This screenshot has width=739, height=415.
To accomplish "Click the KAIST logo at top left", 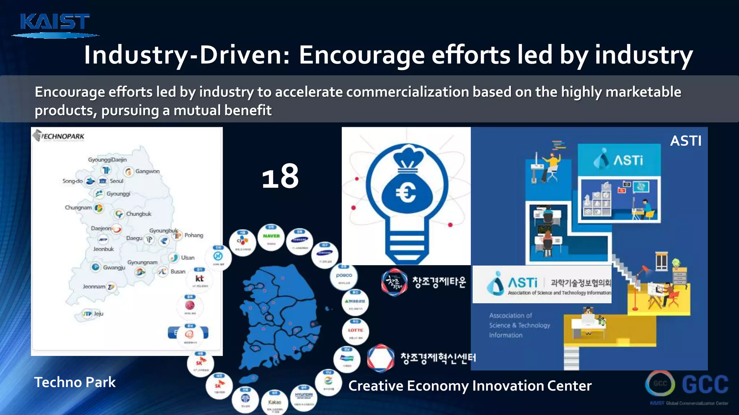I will point(55,24).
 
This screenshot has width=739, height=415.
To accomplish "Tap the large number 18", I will point(280,177).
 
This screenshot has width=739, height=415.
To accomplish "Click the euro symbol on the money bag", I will point(406,193).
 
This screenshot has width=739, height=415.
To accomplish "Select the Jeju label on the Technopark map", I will point(99,314).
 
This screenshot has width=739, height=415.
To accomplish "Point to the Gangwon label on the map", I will point(147,171).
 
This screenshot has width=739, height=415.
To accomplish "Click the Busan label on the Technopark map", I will point(178,272).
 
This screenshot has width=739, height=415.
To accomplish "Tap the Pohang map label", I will point(194,235).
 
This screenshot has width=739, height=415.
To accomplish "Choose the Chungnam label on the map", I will point(78,207).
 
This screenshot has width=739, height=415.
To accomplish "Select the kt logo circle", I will point(199,279).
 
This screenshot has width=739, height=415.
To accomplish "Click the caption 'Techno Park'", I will point(75,382).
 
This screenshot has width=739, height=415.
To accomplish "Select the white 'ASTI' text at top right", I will point(686,141).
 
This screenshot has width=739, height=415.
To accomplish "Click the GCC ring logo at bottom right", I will point(660,384).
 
